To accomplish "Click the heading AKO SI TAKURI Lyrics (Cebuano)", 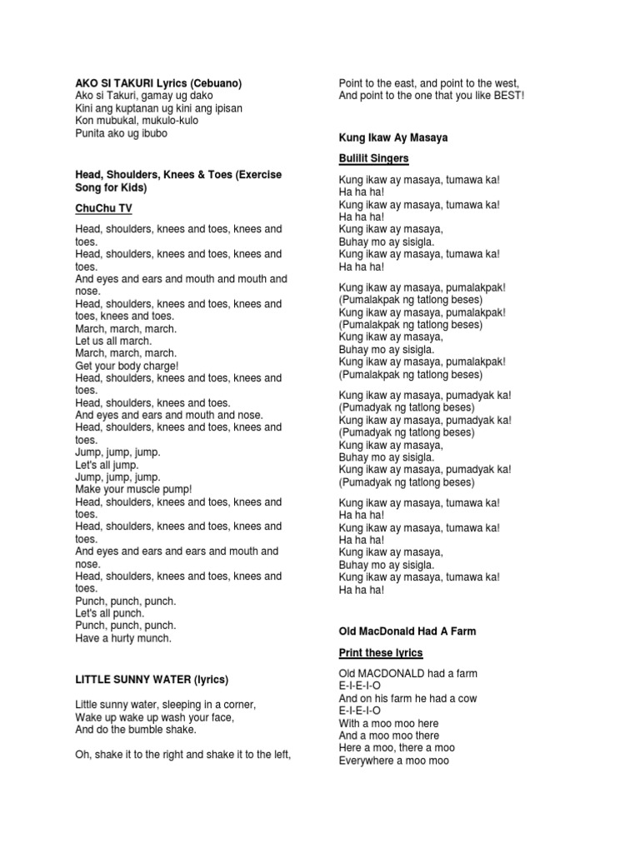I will click(x=158, y=83).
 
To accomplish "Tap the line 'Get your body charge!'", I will click(x=127, y=366).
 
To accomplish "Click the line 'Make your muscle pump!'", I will click(x=133, y=490).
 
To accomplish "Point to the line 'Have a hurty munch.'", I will click(x=123, y=638).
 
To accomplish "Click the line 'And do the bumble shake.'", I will click(x=136, y=730).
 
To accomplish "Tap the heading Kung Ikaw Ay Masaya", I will click(x=393, y=137).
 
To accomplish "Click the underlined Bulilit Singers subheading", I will click(x=374, y=158).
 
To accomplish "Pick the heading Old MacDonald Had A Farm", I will click(x=407, y=631).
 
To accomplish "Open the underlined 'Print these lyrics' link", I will click(x=381, y=652).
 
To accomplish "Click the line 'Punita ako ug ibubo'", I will click(x=122, y=133).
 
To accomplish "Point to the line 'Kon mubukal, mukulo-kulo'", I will click(x=136, y=121).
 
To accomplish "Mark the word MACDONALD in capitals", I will click(x=392, y=673).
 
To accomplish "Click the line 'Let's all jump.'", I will click(x=107, y=465).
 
